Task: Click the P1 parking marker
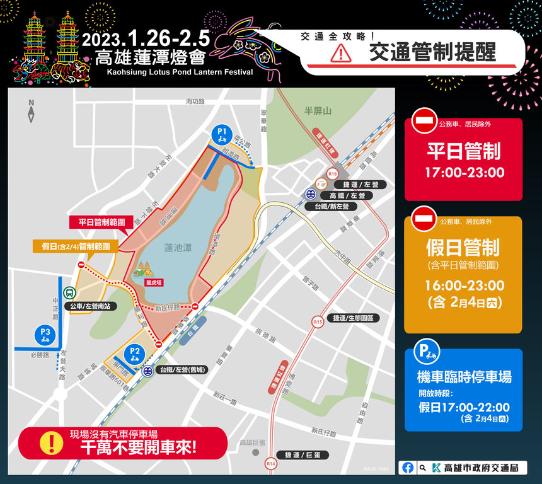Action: (221, 134)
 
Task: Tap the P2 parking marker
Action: (134, 353)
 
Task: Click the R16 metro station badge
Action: (333, 174)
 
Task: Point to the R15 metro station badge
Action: (318, 322)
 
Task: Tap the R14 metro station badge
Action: (271, 464)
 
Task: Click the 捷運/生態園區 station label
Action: (357, 318)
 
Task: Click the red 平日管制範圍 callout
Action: (101, 222)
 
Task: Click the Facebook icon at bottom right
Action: (408, 468)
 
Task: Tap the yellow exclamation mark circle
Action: (49, 443)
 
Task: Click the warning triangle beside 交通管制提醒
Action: (341, 54)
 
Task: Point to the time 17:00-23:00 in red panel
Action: (464, 172)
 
